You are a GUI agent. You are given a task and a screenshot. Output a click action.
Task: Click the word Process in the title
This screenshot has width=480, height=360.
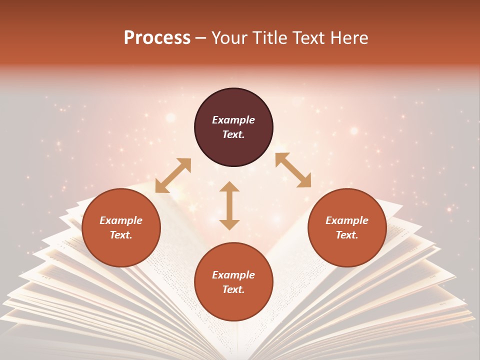157,38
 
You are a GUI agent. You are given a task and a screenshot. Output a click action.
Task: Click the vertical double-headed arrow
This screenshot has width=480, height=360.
229,205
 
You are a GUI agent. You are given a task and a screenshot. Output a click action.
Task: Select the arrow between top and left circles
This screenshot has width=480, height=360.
173,175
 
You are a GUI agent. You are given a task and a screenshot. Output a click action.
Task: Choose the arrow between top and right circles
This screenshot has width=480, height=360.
293,170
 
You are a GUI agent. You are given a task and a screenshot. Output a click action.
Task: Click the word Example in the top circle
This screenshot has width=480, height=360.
233,120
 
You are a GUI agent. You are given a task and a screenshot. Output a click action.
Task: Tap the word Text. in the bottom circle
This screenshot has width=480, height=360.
233,289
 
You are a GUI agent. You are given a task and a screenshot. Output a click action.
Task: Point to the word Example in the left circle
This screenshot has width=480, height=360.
121,220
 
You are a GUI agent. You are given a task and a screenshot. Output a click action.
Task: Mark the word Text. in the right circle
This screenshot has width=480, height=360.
347,235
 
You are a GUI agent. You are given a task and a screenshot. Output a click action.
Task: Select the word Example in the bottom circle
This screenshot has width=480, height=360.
233,275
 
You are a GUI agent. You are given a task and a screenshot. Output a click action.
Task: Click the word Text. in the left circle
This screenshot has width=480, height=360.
121,235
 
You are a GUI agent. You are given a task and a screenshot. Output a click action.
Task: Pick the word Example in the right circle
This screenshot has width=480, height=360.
347,220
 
